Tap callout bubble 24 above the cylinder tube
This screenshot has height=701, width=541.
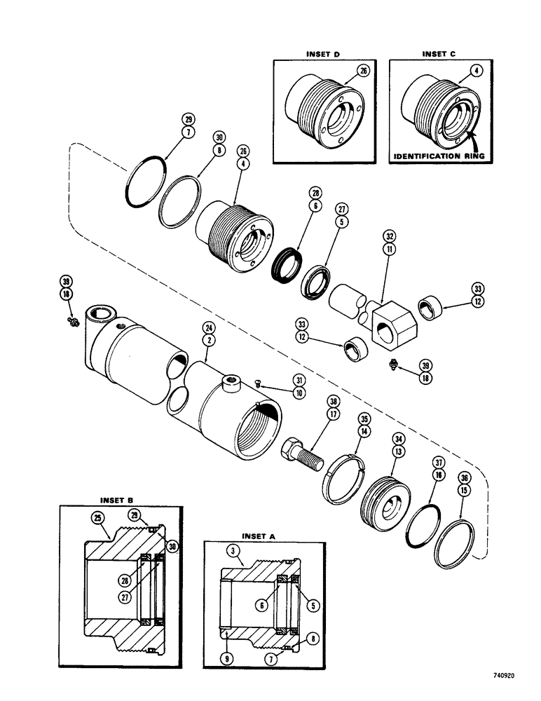[x=207, y=327]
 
